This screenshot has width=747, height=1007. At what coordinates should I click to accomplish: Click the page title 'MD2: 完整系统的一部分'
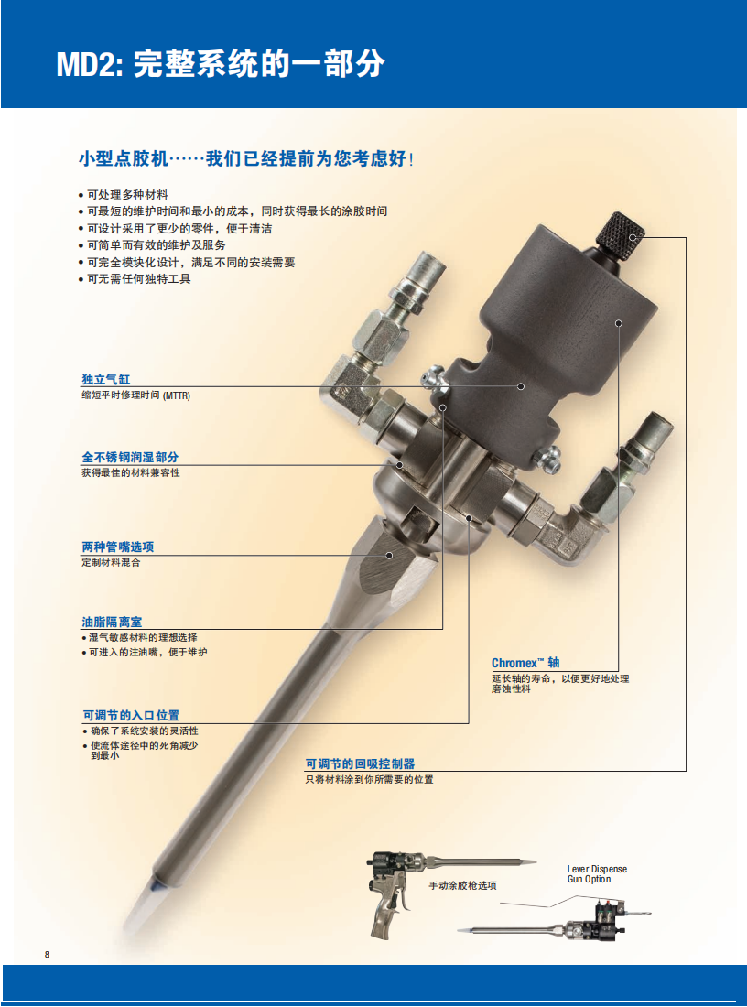(221, 65)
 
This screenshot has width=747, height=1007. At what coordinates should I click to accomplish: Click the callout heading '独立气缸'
(106, 379)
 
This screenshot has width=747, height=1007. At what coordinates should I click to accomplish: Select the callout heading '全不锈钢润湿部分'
(130, 457)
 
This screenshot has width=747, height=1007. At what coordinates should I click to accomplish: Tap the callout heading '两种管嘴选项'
(118, 547)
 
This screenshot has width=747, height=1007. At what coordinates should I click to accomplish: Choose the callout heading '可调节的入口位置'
(131, 715)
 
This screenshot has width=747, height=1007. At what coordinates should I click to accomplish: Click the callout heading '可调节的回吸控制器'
(360, 763)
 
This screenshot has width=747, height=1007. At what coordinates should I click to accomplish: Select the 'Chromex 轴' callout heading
(525, 663)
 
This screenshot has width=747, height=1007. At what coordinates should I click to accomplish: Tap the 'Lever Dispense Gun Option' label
(597, 873)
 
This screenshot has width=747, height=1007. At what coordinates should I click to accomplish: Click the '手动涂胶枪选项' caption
(462, 886)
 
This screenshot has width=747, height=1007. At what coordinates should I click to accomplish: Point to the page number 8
(48, 955)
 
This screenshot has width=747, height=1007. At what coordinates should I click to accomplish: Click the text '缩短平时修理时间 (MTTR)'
(135, 395)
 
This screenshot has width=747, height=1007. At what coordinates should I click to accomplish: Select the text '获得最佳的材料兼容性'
(130, 472)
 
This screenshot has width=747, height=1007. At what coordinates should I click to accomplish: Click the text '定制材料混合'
(111, 562)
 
